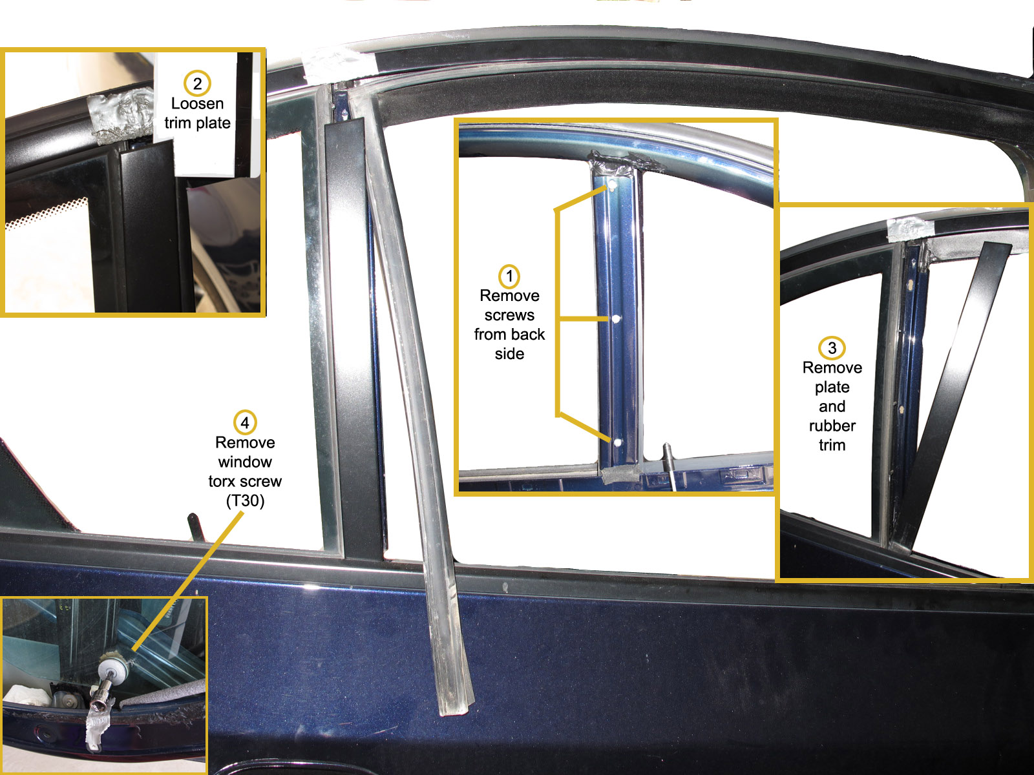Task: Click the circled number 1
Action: point(509,276)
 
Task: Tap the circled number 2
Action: point(197,83)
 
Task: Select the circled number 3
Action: point(832,348)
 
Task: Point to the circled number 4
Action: point(245,423)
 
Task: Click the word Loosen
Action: point(197,103)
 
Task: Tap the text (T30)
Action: point(245,501)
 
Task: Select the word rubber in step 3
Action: point(832,426)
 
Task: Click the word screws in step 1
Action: point(509,315)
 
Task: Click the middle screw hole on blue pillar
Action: point(616,319)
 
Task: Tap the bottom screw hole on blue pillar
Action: point(617,443)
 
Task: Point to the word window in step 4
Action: point(245,462)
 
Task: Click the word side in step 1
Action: point(509,354)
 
